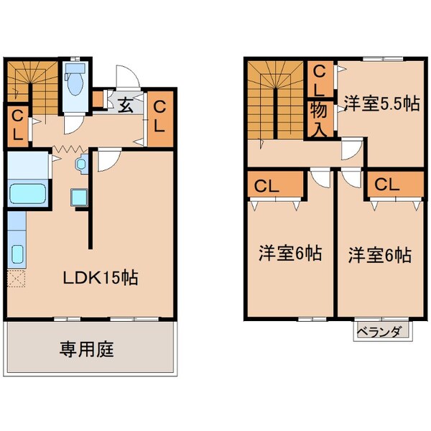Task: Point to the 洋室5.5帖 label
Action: coord(380,103)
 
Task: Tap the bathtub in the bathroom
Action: coord(28,193)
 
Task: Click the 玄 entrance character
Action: coord(125,105)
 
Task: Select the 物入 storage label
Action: coord(320,119)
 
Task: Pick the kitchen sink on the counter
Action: coord(17,254)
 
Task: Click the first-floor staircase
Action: coord(30,84)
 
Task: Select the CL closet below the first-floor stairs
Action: coord(18,124)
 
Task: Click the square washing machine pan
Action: coord(78,198)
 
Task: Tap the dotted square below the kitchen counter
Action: coord(17,279)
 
